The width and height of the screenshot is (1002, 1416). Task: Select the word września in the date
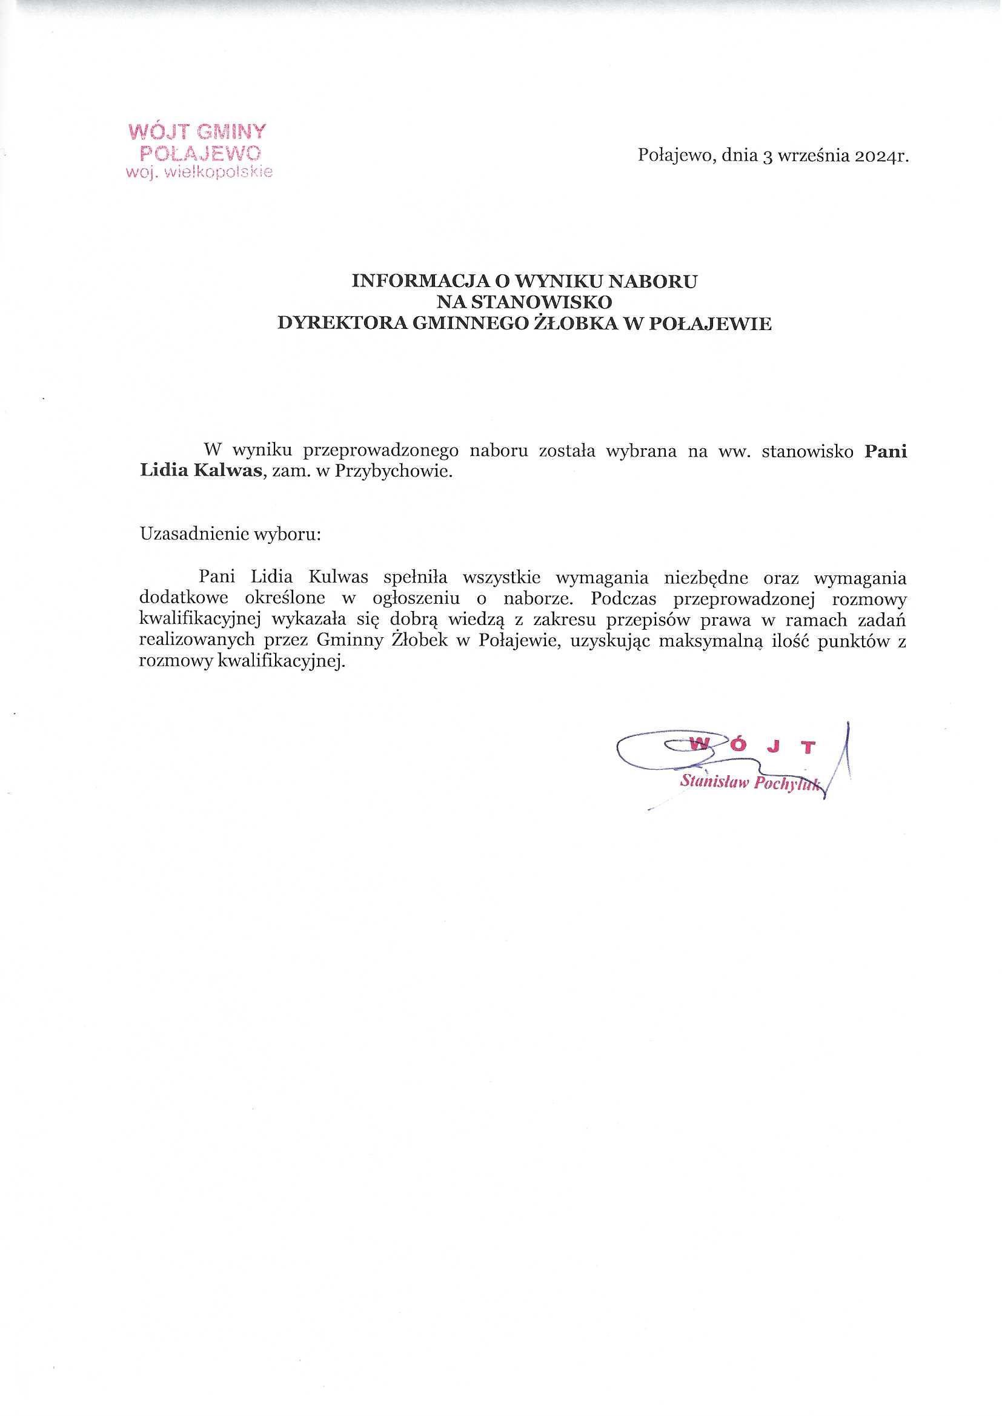806,157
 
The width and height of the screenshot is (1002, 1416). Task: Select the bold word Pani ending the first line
886,451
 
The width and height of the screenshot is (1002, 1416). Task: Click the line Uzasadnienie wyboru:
231,534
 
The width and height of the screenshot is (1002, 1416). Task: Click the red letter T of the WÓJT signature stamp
808,747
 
